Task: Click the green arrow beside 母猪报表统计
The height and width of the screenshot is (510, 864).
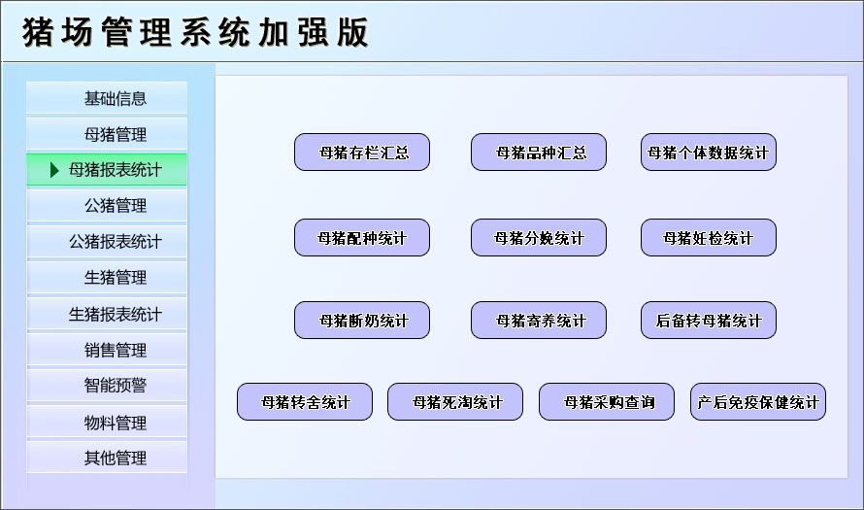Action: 55,170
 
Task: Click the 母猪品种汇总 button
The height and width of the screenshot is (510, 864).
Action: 539,153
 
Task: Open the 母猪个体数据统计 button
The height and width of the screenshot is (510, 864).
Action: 709,153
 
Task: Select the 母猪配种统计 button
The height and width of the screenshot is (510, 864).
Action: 362,238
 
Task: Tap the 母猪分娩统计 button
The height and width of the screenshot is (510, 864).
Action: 539,238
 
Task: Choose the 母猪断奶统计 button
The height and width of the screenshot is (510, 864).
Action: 362,321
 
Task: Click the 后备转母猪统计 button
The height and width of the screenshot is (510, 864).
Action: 709,321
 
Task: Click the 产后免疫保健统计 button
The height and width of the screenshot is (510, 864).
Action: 758,402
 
